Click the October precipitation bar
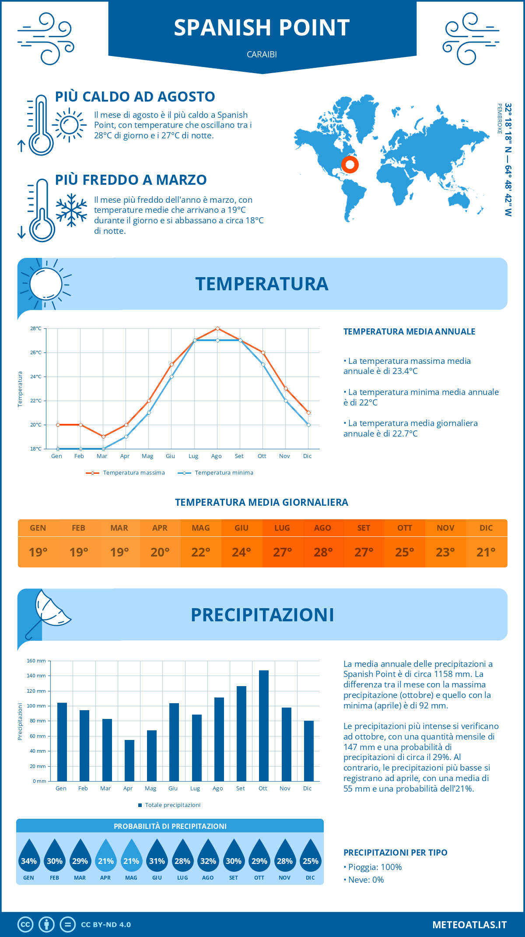click(263, 726)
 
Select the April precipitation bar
click(129, 761)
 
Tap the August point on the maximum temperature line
click(217, 328)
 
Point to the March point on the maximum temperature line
click(103, 437)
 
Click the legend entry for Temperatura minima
click(216, 473)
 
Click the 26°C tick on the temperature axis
click(36, 352)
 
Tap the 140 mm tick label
click(36, 676)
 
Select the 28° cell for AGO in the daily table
click(323, 552)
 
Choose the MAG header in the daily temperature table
click(201, 528)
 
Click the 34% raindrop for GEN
click(29, 856)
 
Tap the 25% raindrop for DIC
click(311, 856)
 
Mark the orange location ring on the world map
click(350, 165)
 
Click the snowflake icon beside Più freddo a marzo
click(71, 210)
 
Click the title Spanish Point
click(262, 28)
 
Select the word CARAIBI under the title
click(262, 55)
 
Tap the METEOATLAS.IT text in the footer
click(469, 925)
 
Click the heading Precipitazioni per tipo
click(395, 852)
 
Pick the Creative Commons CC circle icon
click(25, 925)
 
